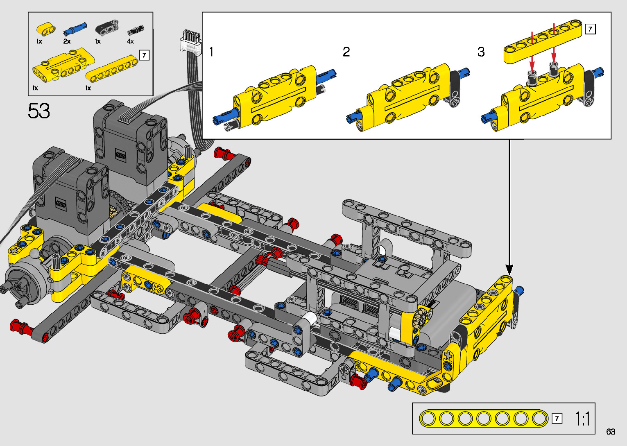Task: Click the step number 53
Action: [x=39, y=111]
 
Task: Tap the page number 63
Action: [x=611, y=431]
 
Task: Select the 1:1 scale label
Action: [x=583, y=419]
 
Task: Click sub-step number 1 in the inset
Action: [x=212, y=52]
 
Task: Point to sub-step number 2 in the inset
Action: [x=346, y=52]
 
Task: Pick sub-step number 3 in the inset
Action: [x=481, y=52]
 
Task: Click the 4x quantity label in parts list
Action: [x=130, y=41]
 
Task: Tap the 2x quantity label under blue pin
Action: [x=67, y=41]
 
